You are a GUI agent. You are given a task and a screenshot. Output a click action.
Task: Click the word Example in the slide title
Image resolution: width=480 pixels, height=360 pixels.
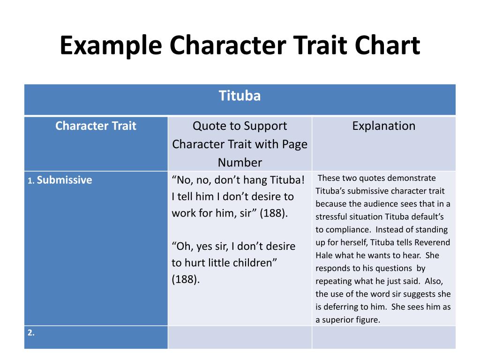[x=111, y=46]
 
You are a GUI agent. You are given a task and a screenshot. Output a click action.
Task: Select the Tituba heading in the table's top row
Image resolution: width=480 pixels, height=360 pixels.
[x=240, y=96]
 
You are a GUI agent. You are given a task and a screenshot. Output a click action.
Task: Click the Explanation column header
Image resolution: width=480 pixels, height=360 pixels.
[x=383, y=126]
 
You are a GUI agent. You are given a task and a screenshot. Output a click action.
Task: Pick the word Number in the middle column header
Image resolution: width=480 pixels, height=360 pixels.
[x=240, y=162]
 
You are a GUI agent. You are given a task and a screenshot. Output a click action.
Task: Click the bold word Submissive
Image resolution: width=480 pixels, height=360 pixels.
[x=65, y=180]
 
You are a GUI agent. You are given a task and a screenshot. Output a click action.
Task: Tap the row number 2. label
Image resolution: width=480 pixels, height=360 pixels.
[x=31, y=333]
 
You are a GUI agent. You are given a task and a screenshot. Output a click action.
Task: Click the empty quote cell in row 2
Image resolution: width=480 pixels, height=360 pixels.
[x=240, y=337]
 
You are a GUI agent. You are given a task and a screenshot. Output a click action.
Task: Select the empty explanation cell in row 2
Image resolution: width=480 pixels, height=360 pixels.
[x=383, y=337]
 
